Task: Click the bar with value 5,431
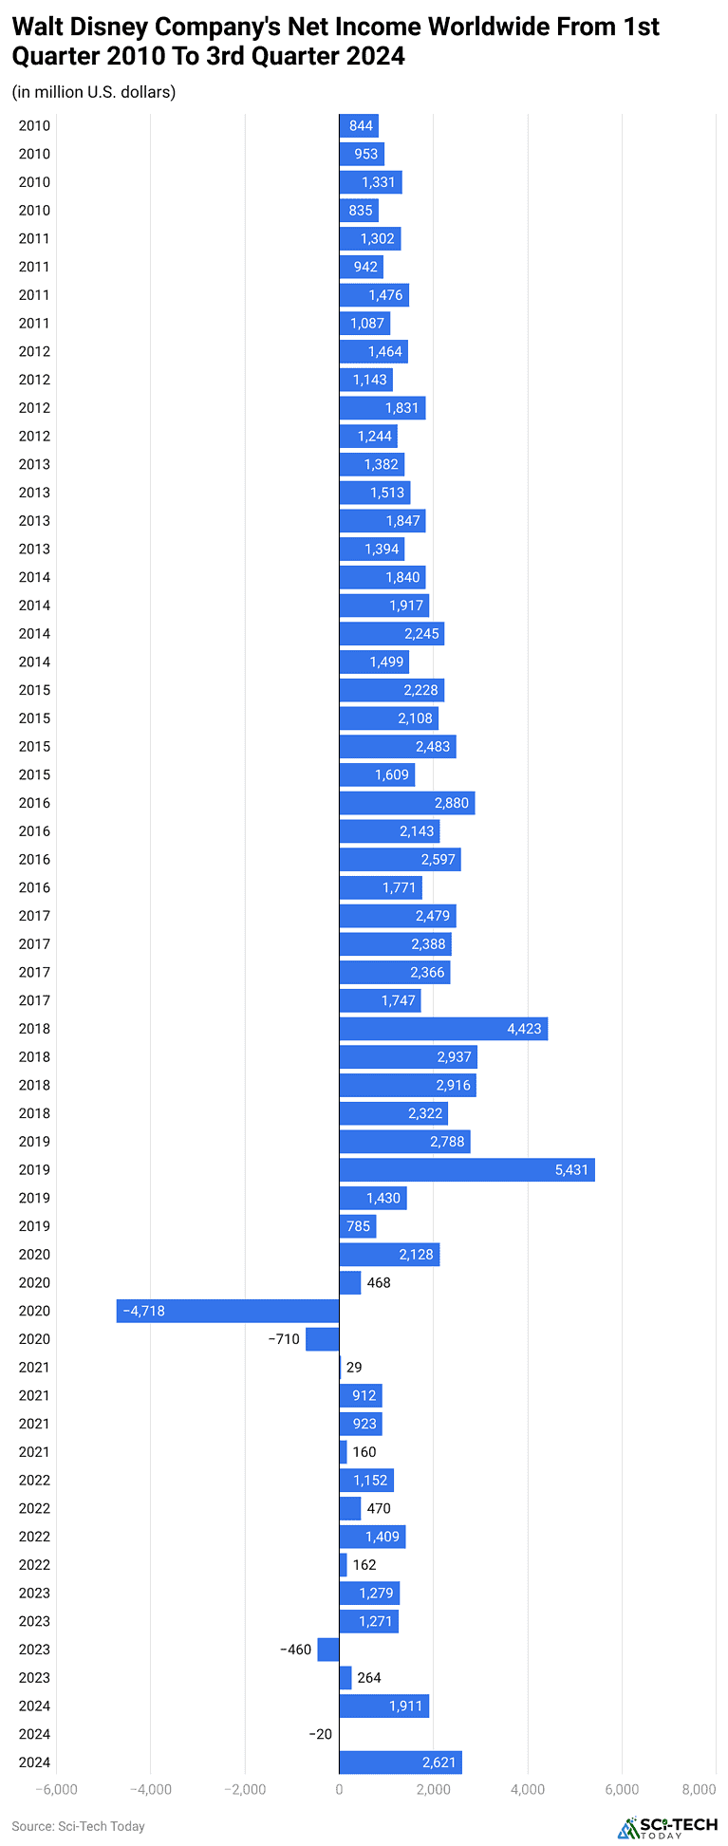coord(466,1169)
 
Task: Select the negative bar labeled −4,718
coord(228,1311)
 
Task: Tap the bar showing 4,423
coord(443,1028)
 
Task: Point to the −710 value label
coord(284,1339)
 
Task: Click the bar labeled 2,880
coord(406,803)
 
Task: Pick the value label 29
coord(354,1368)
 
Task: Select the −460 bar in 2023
coord(328,1650)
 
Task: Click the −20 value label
coord(321,1734)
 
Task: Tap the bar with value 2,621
coord(400,1762)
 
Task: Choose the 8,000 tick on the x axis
coord(700,1790)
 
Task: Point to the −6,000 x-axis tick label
coord(56,1790)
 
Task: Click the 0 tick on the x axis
coord(339,1790)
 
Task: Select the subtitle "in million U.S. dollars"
coord(94,92)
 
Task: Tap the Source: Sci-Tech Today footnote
coord(78,1826)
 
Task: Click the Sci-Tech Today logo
coord(667,1827)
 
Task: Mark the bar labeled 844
coord(359,125)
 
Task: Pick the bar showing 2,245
coord(391,633)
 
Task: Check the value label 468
coord(379,1282)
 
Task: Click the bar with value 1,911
coord(383,1706)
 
